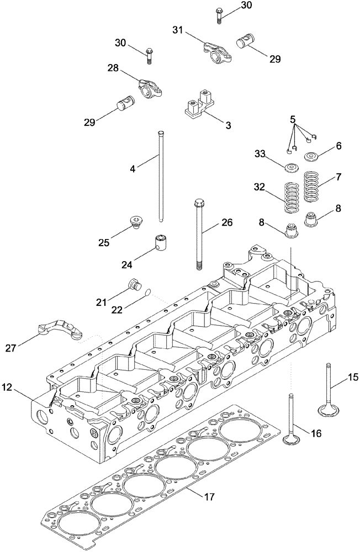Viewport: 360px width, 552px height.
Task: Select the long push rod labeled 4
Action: tap(161, 177)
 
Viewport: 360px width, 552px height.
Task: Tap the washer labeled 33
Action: tap(290, 167)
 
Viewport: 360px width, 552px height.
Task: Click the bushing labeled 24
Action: tap(161, 243)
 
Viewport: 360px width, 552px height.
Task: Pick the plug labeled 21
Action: tap(133, 285)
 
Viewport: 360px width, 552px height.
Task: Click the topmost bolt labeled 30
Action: tap(219, 13)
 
